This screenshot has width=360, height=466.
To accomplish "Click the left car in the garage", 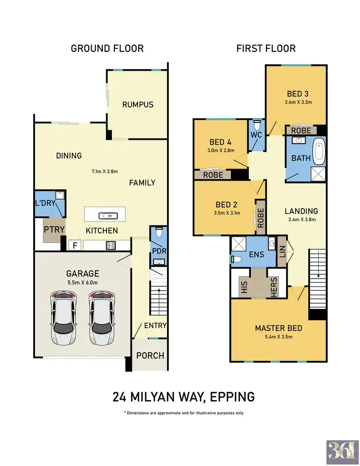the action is click(63, 318).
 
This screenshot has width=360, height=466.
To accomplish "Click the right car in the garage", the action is click(102, 318).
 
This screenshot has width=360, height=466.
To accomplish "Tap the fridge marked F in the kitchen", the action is click(75, 245).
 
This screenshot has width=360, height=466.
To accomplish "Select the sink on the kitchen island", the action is click(108, 216).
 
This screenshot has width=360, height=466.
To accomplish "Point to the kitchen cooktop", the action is click(111, 245).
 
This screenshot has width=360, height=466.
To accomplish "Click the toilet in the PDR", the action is click(158, 232).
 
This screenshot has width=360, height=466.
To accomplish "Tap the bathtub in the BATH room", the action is click(320, 152).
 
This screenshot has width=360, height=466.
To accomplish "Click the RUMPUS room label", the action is click(138, 105).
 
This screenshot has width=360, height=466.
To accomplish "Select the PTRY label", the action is click(54, 230).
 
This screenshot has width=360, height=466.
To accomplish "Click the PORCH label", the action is click(150, 356).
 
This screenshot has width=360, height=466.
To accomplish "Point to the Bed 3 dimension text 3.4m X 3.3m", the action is click(298, 102).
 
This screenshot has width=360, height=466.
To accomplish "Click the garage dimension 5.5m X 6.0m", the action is click(83, 282).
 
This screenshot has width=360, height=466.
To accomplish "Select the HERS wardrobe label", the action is click(274, 287).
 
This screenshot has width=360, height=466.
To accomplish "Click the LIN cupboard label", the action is click(282, 251).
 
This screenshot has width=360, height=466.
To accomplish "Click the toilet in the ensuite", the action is click(236, 259).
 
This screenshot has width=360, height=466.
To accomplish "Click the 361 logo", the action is click(342, 451).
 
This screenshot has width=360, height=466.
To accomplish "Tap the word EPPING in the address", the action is click(232, 397).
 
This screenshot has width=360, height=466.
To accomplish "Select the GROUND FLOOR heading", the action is click(107, 49).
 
